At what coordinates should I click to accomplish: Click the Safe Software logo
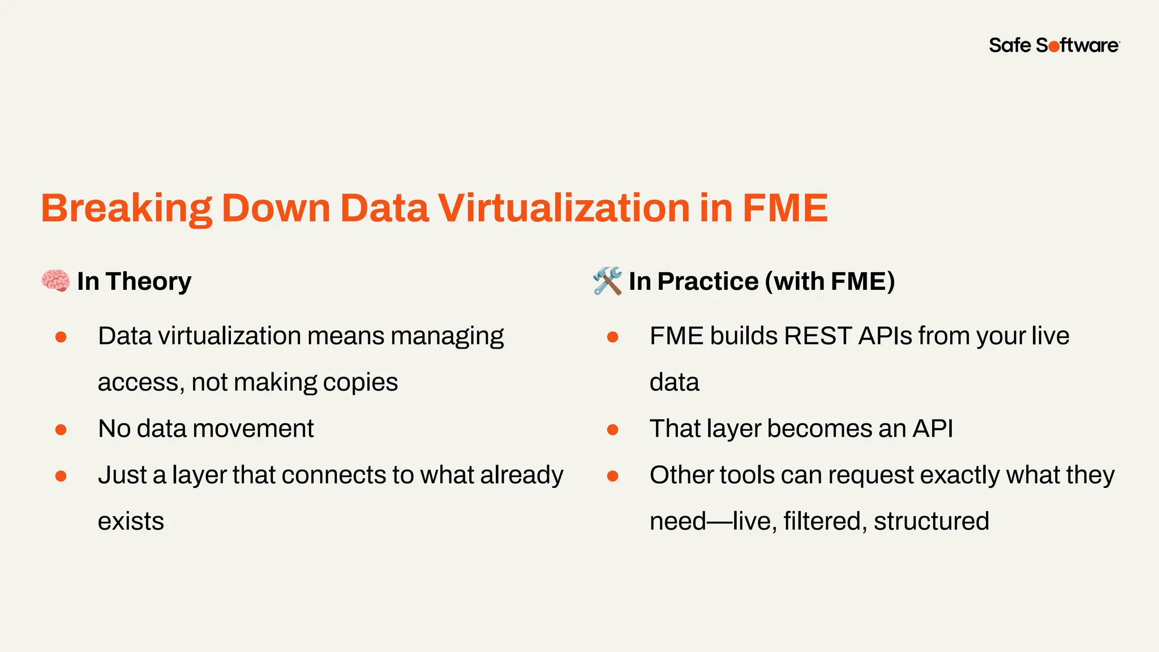(x=1054, y=45)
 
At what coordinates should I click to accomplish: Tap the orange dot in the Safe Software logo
(x=1054, y=47)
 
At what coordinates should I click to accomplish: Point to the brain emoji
(x=55, y=281)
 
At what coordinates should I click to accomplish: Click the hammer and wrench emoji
(x=607, y=281)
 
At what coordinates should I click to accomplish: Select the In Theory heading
(x=134, y=281)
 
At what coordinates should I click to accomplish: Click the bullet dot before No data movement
(x=61, y=430)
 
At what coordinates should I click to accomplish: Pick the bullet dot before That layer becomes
(x=612, y=430)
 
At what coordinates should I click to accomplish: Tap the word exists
(x=131, y=521)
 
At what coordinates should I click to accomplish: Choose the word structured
(x=931, y=521)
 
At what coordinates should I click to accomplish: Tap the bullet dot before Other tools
(x=612, y=477)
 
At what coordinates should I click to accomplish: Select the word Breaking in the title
(x=127, y=209)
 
